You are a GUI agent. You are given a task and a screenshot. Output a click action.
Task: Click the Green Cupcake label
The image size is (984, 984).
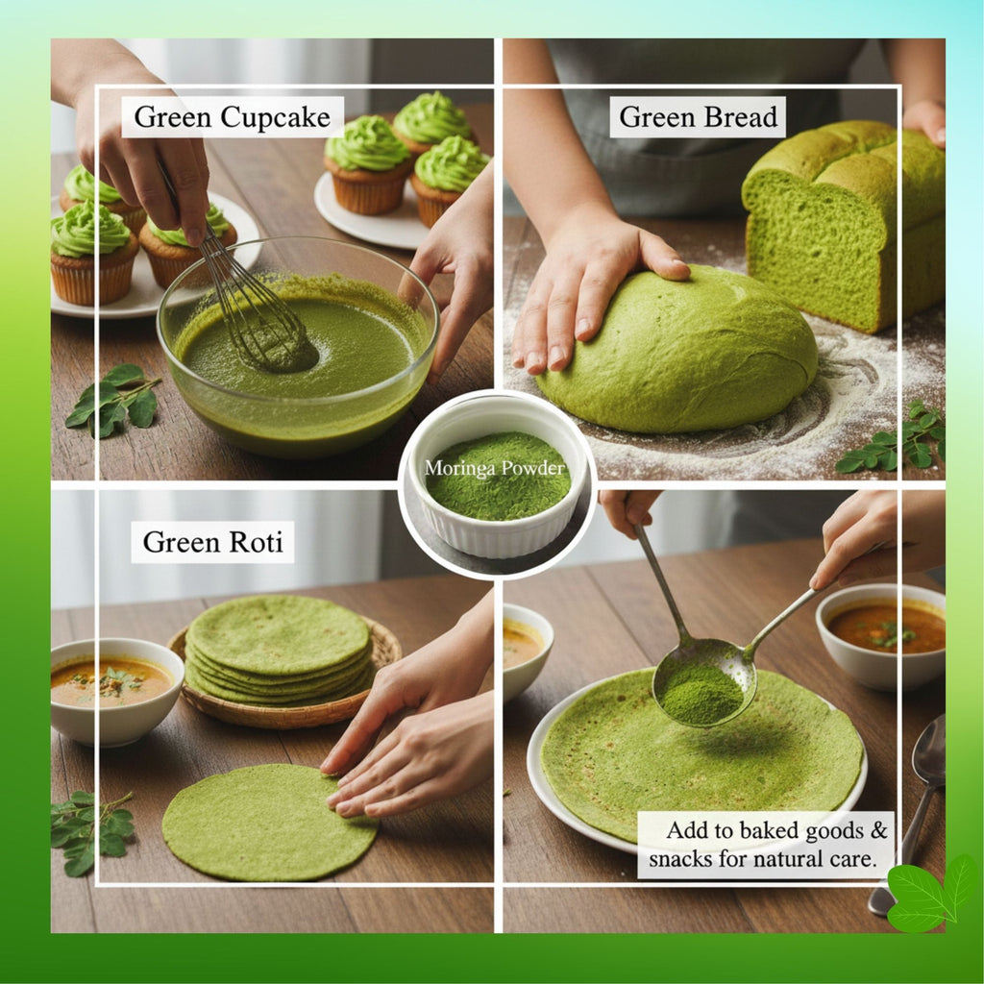(232, 117)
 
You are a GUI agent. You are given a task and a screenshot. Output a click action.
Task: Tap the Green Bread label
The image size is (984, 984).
(698, 117)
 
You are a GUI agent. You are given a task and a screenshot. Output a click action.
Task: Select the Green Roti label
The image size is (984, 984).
(212, 542)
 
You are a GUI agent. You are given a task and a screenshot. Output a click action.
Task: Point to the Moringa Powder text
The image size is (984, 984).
(496, 469)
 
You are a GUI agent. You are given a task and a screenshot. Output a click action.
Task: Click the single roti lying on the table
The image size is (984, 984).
(269, 822)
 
